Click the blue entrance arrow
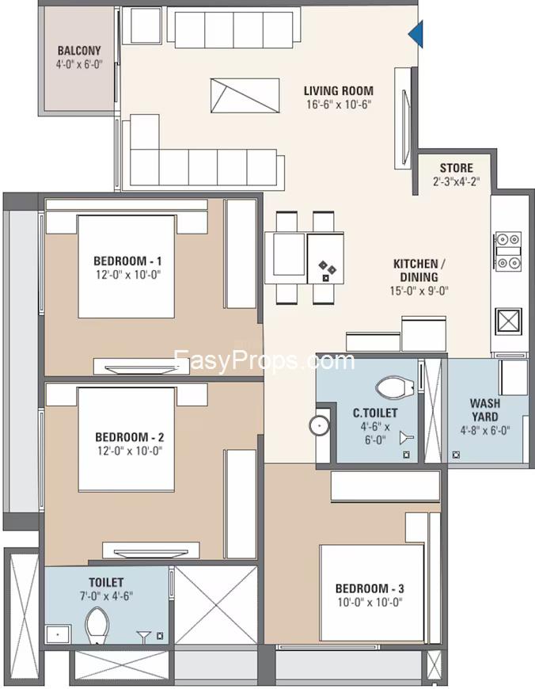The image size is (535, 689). coord(417,33)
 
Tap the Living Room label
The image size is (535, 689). coord(339,91)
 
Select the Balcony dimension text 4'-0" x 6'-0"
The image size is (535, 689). coord(79,64)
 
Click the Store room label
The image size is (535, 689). coord(457,168)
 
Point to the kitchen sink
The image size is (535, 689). coord(508,321)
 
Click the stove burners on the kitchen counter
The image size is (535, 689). coord(508,251)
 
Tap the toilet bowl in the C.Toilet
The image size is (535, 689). coord(394,387)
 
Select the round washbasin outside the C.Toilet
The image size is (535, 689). coord(319,425)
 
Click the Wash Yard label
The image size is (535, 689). coord(485,409)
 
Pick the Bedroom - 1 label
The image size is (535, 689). coord(127,261)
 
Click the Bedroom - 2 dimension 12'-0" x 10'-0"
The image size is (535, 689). coord(129,451)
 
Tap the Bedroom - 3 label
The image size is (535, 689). coord(370,588)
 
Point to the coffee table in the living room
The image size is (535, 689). coord(245,96)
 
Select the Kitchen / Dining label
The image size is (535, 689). coord(419,270)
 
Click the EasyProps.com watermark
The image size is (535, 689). coord(264,361)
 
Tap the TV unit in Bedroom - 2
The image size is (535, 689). coord(150,550)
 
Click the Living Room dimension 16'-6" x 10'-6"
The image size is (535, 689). coord(339,105)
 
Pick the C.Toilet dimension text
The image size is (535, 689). coord(375,433)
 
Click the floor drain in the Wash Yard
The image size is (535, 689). coord(457,455)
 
